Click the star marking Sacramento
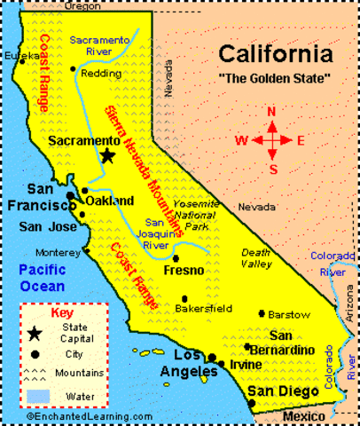tap(107, 155)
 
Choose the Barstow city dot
tap(262, 314)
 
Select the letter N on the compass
tap(272, 112)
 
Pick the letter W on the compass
tap(241, 140)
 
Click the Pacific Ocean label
tap(42, 277)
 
